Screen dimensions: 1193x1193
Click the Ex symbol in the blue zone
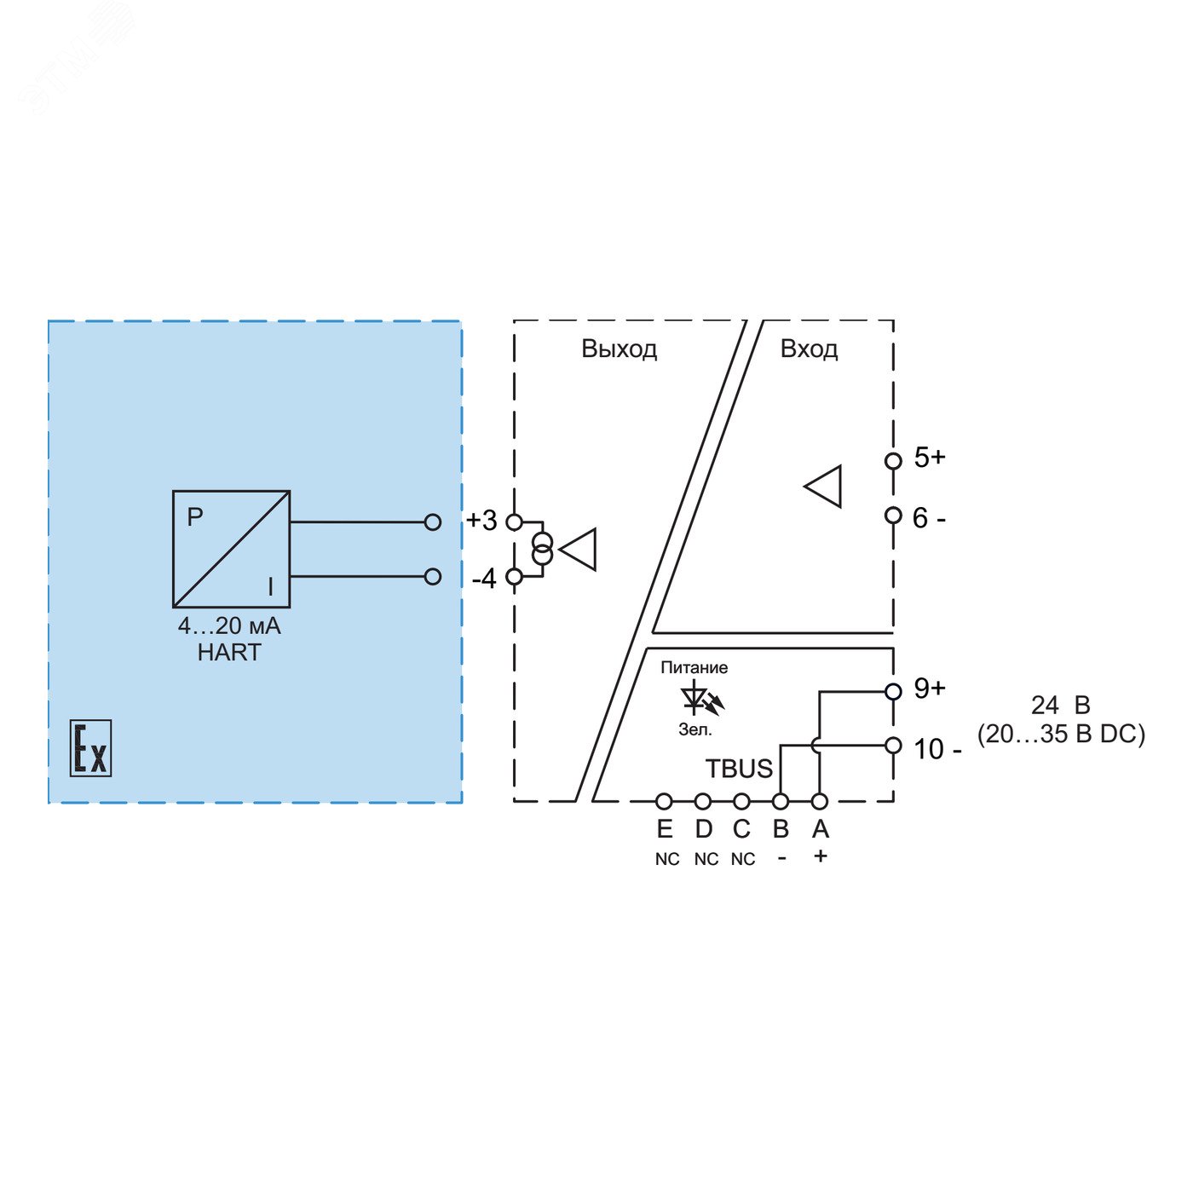click(x=90, y=747)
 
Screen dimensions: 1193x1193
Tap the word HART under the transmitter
click(x=229, y=653)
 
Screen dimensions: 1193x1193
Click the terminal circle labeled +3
click(x=514, y=522)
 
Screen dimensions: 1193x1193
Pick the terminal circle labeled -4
click(x=514, y=577)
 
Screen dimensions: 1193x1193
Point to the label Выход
click(x=619, y=349)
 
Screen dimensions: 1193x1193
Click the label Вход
click(x=809, y=349)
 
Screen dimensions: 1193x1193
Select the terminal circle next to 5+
click(x=893, y=461)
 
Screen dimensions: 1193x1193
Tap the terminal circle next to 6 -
click(x=893, y=515)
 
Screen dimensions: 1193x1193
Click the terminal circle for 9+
click(x=893, y=692)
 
